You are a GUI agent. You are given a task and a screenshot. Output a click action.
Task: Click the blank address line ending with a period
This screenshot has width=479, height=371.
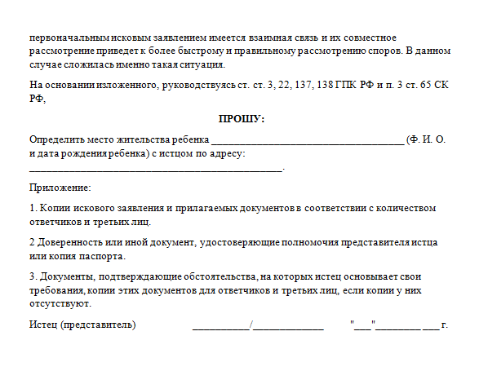click(x=155, y=170)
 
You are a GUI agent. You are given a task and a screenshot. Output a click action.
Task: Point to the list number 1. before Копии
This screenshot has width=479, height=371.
click(x=33, y=208)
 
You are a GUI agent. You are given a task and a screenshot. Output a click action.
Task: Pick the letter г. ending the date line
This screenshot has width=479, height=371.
click(x=445, y=325)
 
